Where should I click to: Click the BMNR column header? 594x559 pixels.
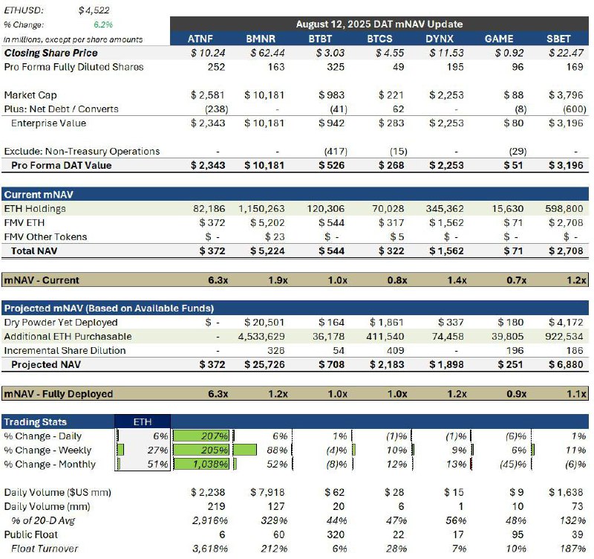coord(261,39)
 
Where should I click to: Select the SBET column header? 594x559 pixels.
coord(558,39)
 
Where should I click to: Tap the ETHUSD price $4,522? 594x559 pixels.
coord(94,10)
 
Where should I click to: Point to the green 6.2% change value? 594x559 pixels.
coord(103,25)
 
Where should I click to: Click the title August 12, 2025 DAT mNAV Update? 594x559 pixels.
coord(379,24)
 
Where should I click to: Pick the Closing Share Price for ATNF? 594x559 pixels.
coord(208,53)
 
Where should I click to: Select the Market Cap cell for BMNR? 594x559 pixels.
coord(264,95)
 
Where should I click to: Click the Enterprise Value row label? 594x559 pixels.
coord(48,123)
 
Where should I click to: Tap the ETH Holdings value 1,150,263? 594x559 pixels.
coord(261,209)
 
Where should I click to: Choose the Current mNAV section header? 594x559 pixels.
coord(39,195)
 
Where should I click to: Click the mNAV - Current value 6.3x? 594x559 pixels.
coord(218,280)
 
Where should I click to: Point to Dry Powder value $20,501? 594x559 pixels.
coord(264,323)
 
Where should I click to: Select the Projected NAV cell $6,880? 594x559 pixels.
coord(566,364)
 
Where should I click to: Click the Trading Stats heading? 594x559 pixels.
coord(35,421)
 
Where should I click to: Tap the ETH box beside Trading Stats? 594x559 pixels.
coord(143,421)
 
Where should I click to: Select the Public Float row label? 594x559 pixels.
coord(30,534)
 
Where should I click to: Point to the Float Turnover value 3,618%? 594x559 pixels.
coord(210,549)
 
